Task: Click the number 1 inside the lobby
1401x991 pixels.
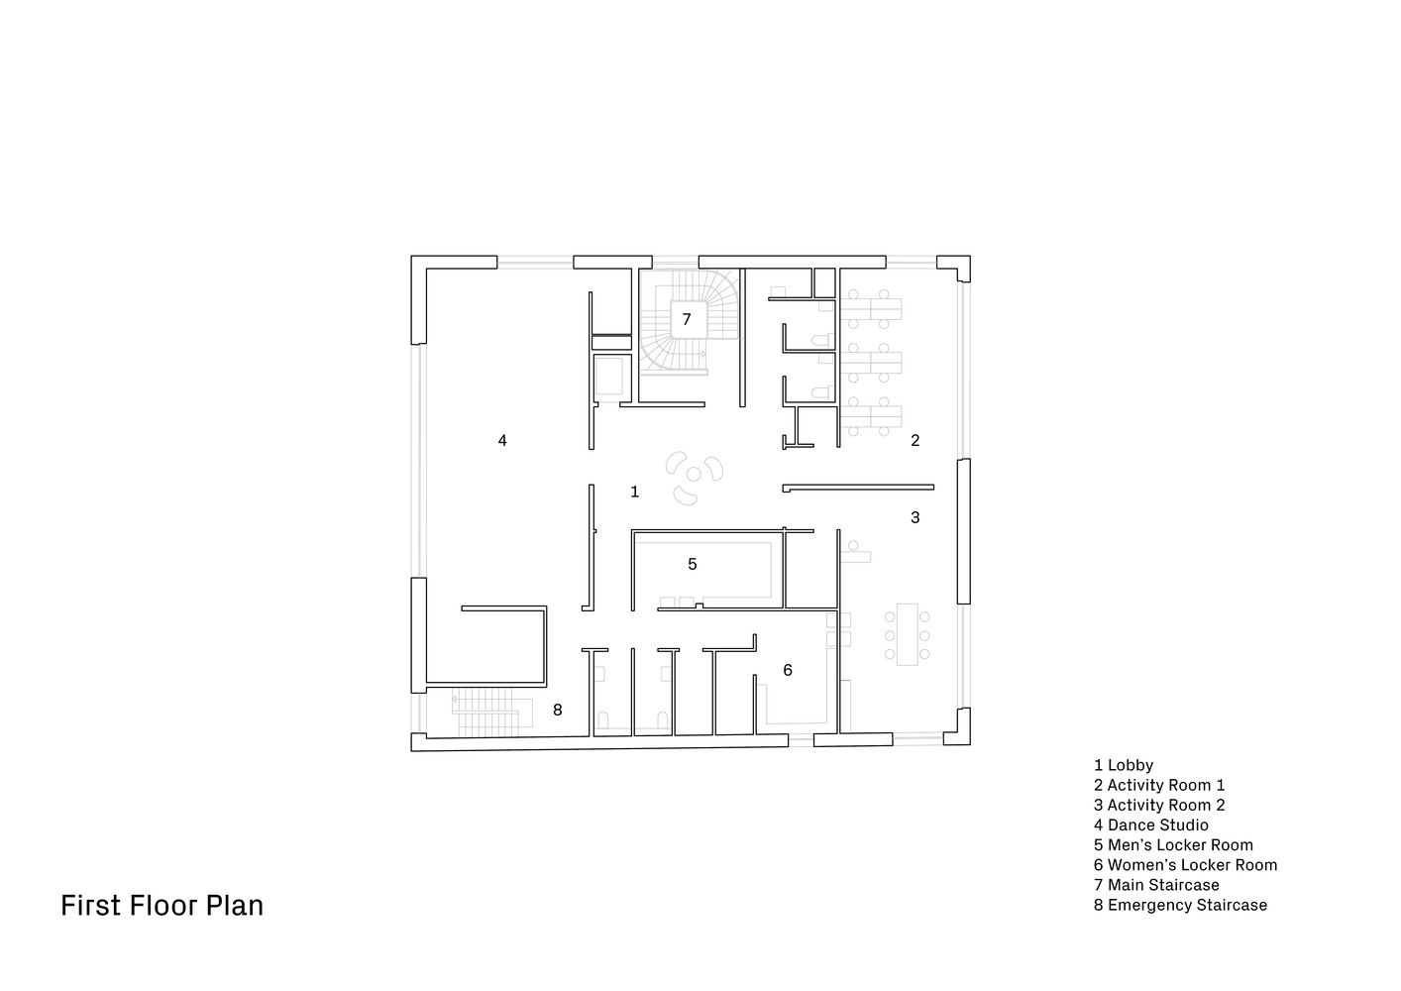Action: coord(635,492)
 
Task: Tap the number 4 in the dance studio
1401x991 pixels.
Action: coord(502,440)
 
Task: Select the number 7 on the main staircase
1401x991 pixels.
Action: coord(686,319)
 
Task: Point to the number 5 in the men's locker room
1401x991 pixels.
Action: coord(693,564)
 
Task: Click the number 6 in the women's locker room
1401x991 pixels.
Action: coord(788,670)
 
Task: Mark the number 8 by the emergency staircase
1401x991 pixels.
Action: coord(557,711)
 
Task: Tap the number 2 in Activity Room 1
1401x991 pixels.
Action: coord(916,440)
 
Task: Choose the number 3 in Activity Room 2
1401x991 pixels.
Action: coord(916,517)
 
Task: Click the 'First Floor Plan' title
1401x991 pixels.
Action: coord(162,906)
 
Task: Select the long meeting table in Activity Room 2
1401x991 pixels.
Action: coord(907,634)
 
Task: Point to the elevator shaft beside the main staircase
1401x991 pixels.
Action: coord(608,376)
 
